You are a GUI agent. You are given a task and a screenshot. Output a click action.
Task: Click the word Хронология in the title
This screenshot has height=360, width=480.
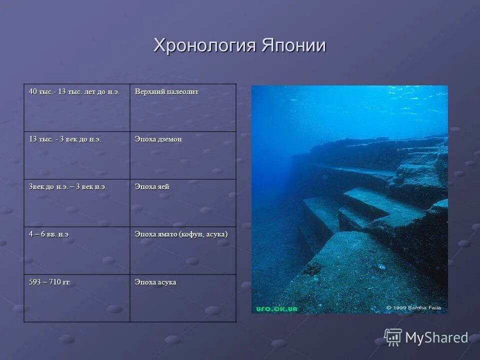click(205, 45)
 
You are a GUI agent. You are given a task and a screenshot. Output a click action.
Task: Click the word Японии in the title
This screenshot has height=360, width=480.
click(293, 45)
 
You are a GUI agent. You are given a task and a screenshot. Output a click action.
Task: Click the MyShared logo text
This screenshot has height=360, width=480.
click(436, 337)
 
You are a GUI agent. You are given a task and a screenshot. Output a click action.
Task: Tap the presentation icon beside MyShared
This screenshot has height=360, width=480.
click(393, 337)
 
